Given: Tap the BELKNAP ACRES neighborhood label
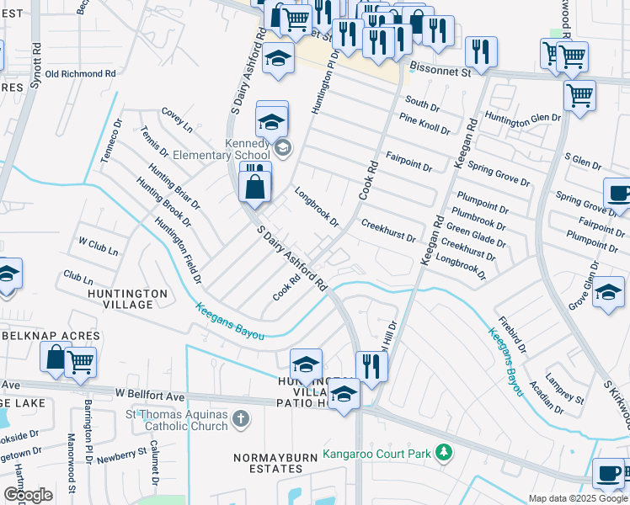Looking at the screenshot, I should click(x=51, y=336).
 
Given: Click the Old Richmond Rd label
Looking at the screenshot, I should click(x=80, y=74).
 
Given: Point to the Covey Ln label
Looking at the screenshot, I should click(x=178, y=120).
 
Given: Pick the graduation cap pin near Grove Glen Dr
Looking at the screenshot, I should click(x=608, y=294).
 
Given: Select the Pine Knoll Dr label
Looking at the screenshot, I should click(x=425, y=124).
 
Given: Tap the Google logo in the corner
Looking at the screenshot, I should click(x=29, y=495).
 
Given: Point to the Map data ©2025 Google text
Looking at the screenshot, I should click(x=578, y=498).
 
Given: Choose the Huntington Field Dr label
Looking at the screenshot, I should click(x=178, y=250).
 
